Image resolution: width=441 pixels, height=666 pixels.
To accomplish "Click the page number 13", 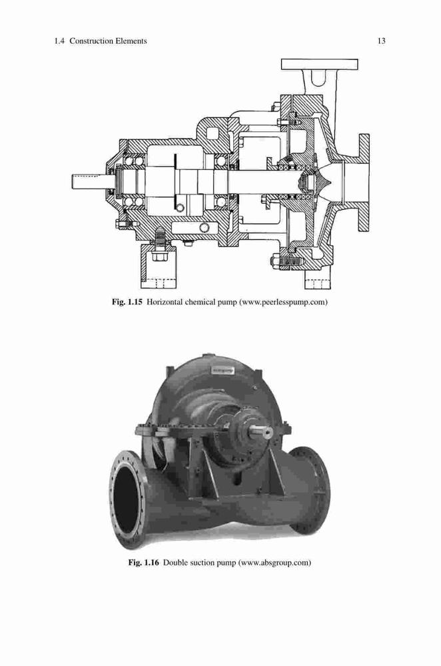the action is coord(381,41).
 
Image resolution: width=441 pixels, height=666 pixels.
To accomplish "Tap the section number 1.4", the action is coord(59,41).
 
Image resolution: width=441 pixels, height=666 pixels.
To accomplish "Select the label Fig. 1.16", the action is coord(144,563).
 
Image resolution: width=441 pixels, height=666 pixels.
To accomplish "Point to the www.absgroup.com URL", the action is coord(274,563).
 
